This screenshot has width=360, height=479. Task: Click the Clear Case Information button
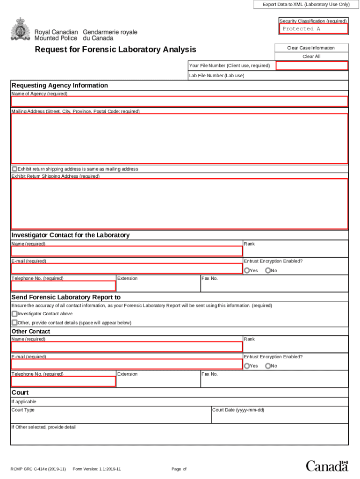(x=311, y=48)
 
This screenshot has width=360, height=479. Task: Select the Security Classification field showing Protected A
(x=313, y=29)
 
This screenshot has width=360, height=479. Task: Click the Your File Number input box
(x=311, y=65)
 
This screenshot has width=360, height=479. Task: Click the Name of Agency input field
(x=179, y=102)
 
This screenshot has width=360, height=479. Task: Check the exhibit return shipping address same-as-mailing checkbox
(x=14, y=169)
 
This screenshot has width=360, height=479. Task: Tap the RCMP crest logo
(x=20, y=29)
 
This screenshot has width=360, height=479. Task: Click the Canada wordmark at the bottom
(x=327, y=465)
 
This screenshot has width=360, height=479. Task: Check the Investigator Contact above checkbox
(x=14, y=314)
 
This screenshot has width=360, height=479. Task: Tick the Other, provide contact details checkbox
(x=14, y=322)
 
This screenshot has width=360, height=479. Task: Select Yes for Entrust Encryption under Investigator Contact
(x=247, y=270)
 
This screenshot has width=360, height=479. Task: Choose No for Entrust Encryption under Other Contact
(x=268, y=366)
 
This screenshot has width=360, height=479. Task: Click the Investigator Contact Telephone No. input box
(x=63, y=286)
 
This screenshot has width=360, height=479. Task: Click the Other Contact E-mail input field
(x=126, y=364)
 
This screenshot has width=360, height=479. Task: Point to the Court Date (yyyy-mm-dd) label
(x=238, y=410)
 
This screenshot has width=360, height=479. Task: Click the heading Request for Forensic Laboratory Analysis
(x=115, y=50)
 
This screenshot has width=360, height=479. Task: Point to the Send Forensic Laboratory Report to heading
(x=66, y=297)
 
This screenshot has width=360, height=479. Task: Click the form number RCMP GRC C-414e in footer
(x=38, y=469)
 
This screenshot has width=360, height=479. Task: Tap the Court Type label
(x=23, y=410)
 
